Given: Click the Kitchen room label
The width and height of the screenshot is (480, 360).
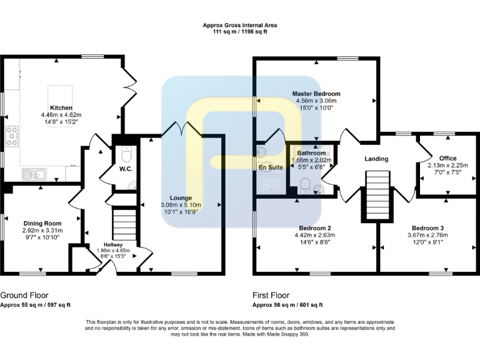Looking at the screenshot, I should pos(61,107).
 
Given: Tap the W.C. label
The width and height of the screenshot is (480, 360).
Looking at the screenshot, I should pos(126,169).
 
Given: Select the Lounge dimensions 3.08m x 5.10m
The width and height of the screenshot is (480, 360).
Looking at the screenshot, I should pos(181,204).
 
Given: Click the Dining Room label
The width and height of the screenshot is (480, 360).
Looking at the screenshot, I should pos(42,223).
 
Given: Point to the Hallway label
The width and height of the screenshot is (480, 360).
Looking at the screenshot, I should pos(113,244).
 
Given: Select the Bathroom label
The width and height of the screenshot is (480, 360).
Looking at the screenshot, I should pos(311,153).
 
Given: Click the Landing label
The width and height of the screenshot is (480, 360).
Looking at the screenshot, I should pos(376,159).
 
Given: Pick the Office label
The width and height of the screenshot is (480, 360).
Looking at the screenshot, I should pos(447,158).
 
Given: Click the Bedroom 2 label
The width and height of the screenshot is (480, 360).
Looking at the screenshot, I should pos(315,228).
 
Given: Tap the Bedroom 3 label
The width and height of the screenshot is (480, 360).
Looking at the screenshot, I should pos(427,228).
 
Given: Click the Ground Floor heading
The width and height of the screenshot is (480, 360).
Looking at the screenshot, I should pos(24,295).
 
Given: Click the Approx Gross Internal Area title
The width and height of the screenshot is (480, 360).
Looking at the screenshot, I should pos(239,26).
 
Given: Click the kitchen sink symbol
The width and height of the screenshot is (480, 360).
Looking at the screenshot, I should pos(29,174).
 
